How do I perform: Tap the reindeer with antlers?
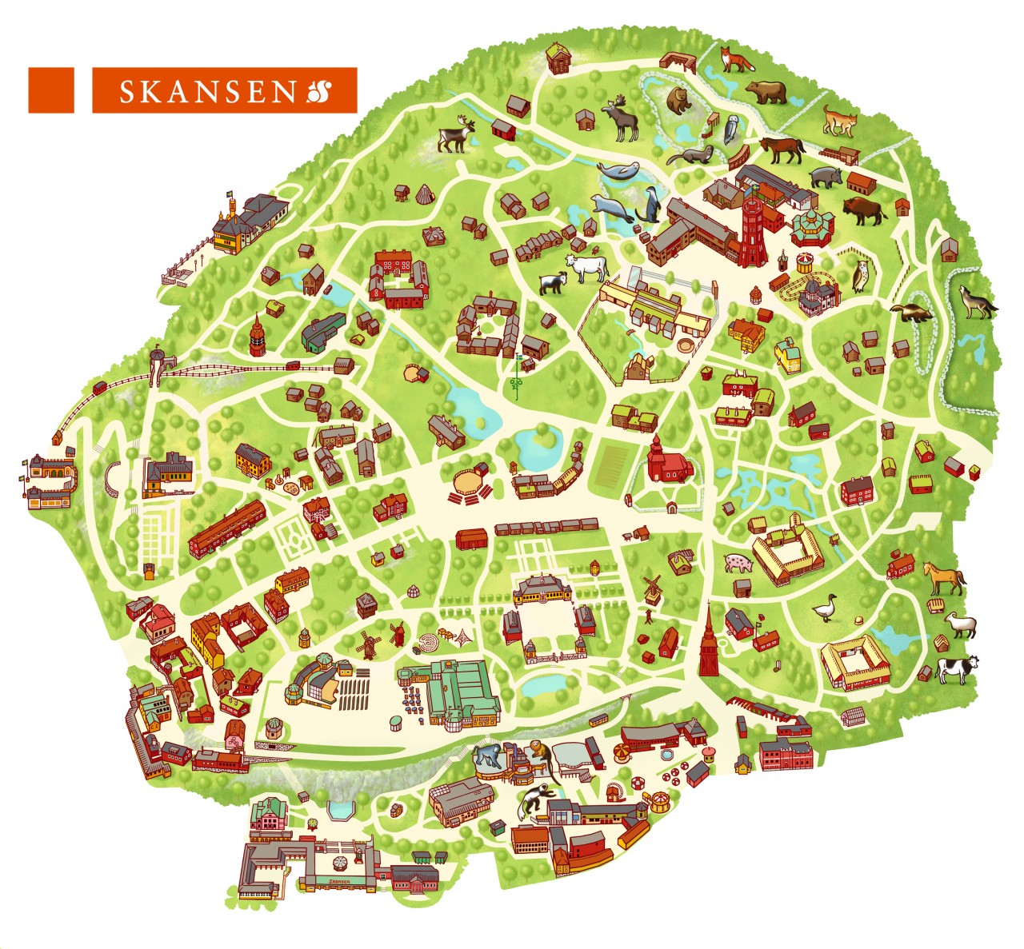pos(456,134)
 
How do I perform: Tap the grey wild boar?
pos(824,176)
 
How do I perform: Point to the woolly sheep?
pos(961,624)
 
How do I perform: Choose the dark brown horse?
pos(782,149)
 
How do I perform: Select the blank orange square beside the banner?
pos(51,90)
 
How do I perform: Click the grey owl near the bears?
pos(732,129)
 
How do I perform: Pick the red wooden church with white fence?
pos(663,461)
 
